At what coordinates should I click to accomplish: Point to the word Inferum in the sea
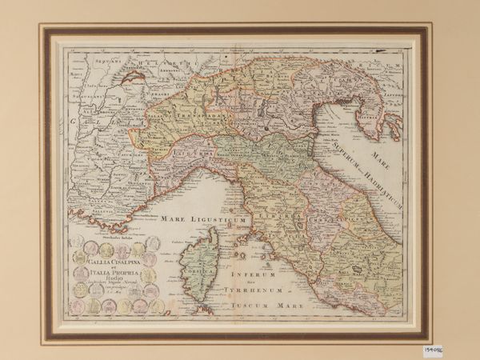point(254,278)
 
